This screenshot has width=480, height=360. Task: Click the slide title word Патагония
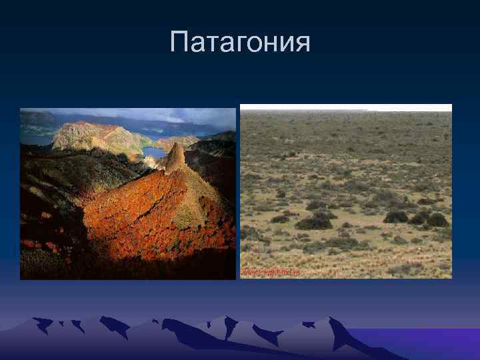click(240, 43)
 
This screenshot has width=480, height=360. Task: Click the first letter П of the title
click(179, 43)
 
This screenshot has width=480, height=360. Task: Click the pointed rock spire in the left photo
click(175, 157)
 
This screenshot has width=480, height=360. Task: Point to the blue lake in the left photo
click(155, 151)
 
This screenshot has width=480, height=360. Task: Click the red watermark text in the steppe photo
click(270, 273)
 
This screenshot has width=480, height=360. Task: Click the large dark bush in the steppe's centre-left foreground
click(313, 222)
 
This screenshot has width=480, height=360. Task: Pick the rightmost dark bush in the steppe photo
click(437, 219)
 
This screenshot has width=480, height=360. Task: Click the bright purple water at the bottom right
click(427, 343)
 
